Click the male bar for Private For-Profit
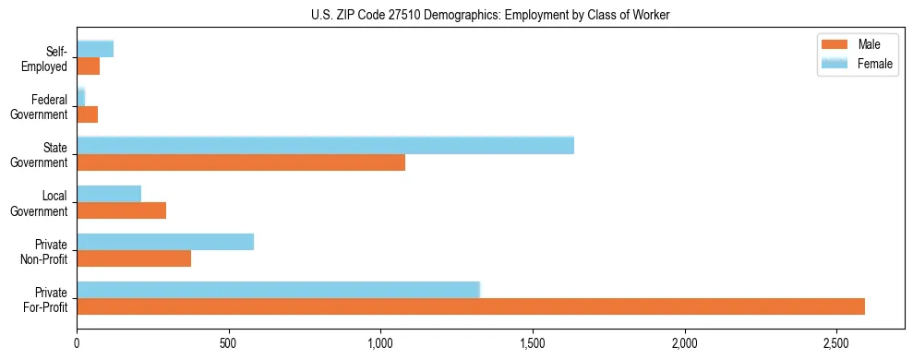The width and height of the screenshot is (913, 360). tap(471, 306)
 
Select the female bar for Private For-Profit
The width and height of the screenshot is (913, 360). tap(278, 290)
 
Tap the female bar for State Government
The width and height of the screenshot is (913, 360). tap(325, 145)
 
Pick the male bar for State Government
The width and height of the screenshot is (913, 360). tap(241, 162)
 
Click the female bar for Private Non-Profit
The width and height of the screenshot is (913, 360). tap(165, 242)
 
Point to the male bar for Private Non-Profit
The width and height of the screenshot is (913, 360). tap(134, 258)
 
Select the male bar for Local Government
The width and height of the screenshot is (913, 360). tap(121, 210)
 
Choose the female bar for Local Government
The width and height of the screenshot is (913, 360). tap(109, 194)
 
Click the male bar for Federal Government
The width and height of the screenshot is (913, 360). tap(87, 114)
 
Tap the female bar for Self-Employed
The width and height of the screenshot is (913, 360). tap(95, 49)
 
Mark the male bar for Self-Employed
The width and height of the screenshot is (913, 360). tap(88, 66)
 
